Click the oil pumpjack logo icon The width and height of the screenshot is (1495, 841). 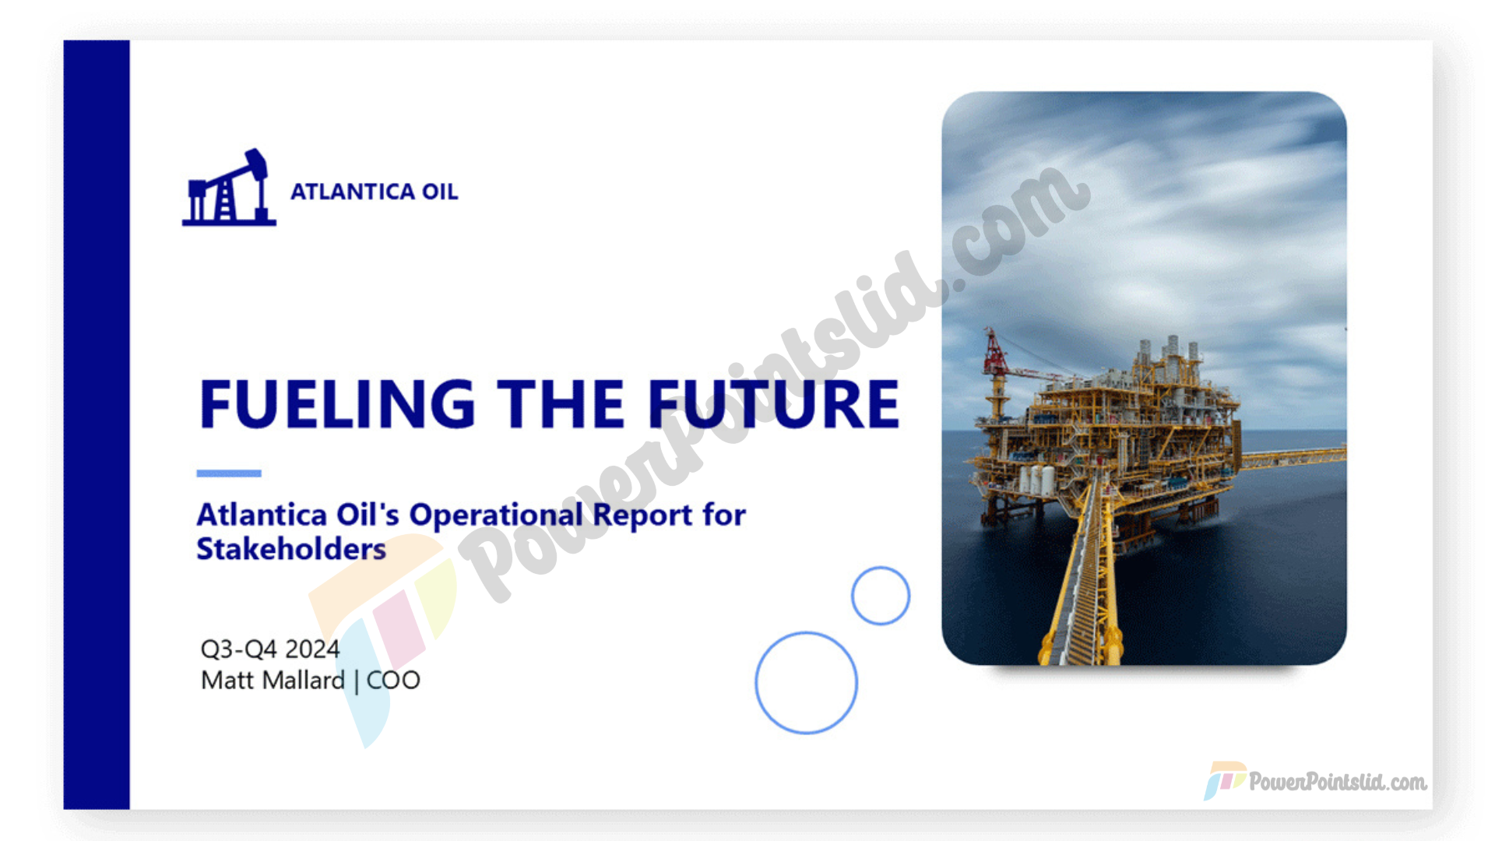[x=229, y=188]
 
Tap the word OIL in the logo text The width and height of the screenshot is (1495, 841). [x=440, y=192]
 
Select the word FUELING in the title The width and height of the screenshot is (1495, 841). [x=337, y=404]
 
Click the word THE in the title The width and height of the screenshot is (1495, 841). [x=561, y=404]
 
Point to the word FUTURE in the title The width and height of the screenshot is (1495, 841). [x=774, y=404]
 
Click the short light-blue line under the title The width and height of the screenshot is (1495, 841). [x=229, y=473]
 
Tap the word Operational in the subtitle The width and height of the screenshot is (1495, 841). [x=496, y=516]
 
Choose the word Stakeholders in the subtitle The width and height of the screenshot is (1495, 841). [x=291, y=549]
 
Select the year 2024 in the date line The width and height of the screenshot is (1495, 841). [x=312, y=649]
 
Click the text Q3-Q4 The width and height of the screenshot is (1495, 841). [x=239, y=649]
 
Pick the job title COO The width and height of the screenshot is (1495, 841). [x=393, y=680]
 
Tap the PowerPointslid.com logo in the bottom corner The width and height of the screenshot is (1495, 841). [x=1316, y=781]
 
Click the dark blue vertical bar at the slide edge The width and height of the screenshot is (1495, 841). [x=97, y=424]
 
